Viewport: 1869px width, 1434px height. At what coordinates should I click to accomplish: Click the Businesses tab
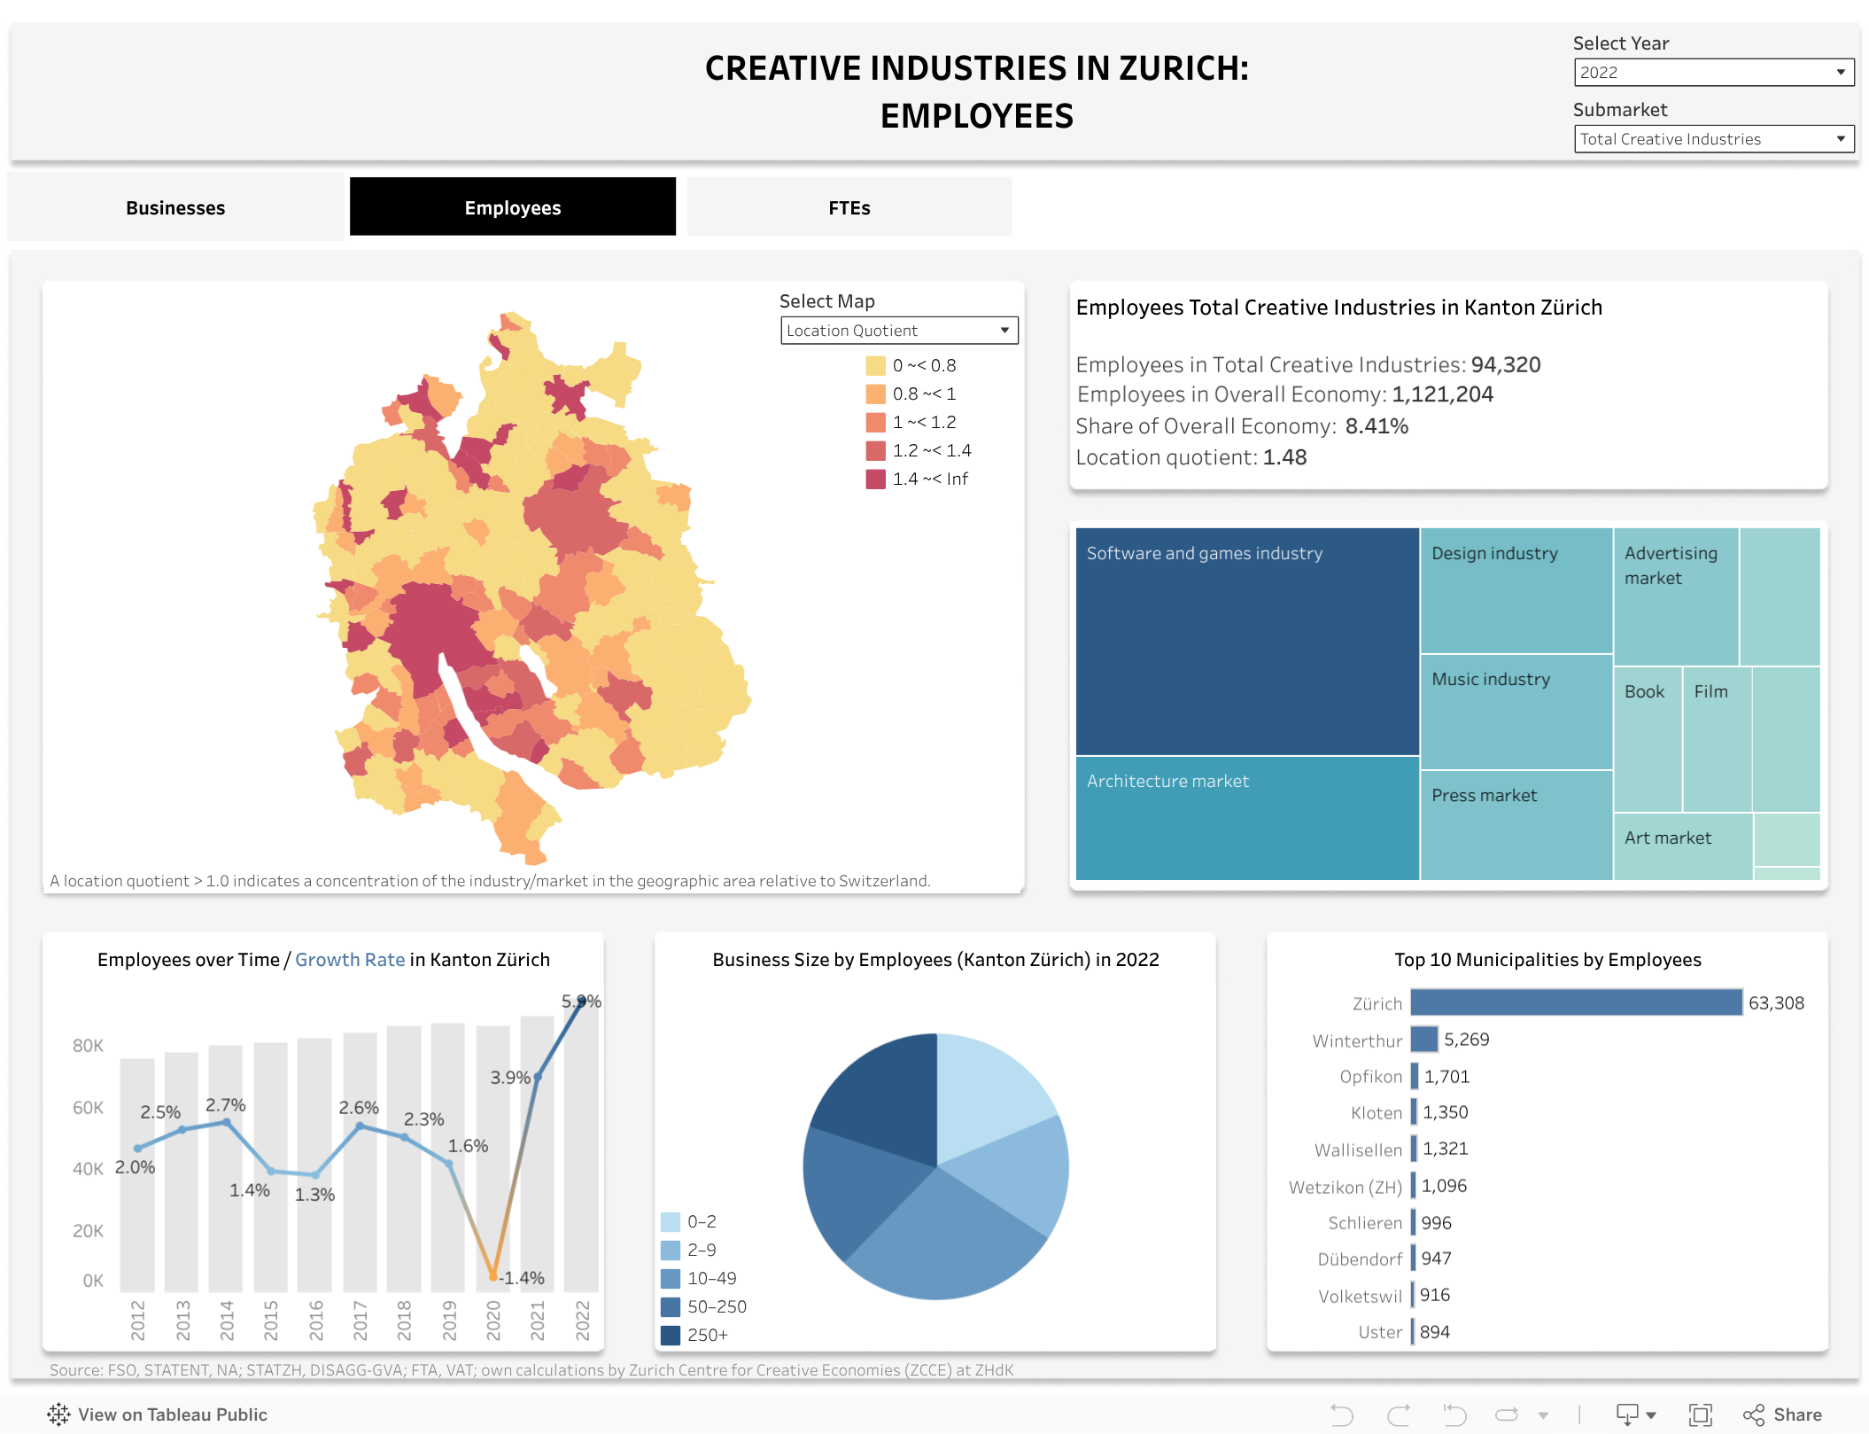(x=175, y=208)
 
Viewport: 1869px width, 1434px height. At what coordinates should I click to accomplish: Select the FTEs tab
(x=849, y=208)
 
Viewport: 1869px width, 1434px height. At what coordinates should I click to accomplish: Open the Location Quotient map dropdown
(x=898, y=331)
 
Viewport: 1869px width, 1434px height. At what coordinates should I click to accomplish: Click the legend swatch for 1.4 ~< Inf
(x=875, y=479)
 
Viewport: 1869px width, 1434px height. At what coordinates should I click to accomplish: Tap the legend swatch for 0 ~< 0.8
(x=875, y=366)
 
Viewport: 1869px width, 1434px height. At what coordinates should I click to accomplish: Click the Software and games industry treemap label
(x=1204, y=554)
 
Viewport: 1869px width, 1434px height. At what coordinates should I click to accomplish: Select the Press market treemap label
(x=1484, y=796)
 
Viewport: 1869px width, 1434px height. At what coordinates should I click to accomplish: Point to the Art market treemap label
(x=1667, y=838)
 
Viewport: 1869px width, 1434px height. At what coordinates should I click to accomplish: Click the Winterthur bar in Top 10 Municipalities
(x=1423, y=1040)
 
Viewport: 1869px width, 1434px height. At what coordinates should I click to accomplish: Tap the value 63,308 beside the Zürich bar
(x=1775, y=1003)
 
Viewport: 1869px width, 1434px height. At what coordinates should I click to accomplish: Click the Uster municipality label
(x=1380, y=1332)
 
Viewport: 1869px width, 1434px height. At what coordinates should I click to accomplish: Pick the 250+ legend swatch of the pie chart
(x=671, y=1335)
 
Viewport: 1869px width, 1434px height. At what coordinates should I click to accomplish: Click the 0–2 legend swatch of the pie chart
(x=671, y=1222)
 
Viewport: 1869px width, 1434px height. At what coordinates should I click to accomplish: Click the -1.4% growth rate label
(x=522, y=1278)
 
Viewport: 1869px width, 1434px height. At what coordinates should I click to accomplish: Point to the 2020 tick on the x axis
(x=493, y=1320)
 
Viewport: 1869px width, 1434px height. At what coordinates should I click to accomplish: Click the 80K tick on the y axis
(x=88, y=1046)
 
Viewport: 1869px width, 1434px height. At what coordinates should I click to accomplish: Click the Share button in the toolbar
(x=1782, y=1415)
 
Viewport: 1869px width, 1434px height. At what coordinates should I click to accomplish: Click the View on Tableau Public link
(x=158, y=1415)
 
